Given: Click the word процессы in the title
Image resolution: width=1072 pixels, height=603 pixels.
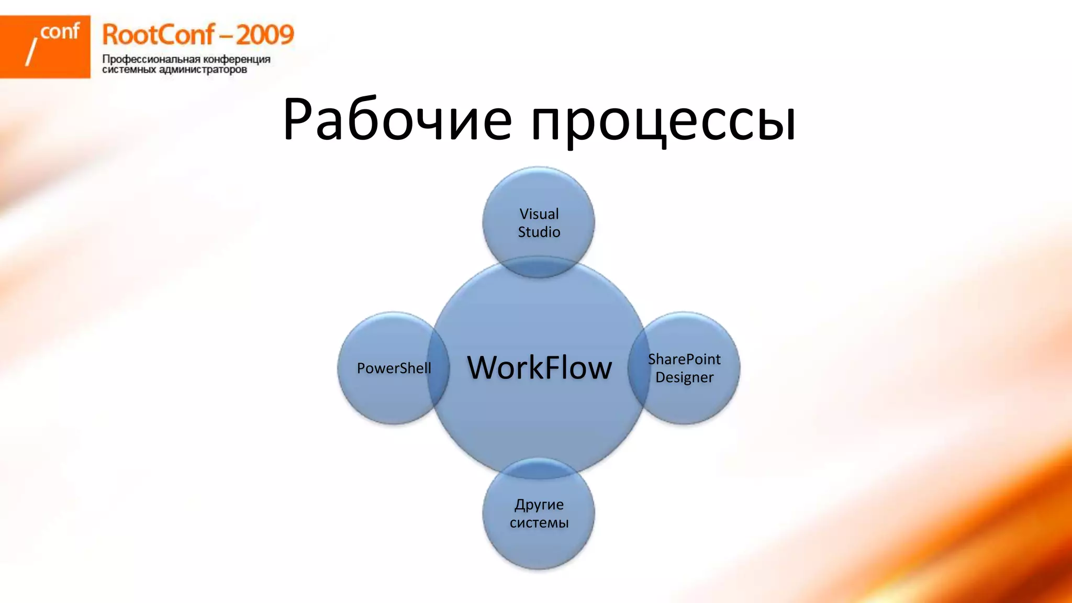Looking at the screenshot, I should tap(663, 121).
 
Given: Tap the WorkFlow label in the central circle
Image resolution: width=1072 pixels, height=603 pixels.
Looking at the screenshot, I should tap(539, 367).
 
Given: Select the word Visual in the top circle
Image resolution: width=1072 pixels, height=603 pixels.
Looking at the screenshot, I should tap(539, 214).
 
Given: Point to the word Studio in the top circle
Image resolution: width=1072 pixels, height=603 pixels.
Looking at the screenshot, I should tap(539, 232).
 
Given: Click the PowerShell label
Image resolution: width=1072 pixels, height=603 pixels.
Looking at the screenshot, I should tap(394, 368).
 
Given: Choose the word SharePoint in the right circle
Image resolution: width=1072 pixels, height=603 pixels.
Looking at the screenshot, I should tap(684, 359).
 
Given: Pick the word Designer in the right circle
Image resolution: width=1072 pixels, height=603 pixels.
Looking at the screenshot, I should tap(684, 377).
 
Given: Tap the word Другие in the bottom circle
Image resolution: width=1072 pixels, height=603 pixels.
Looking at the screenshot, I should tap(539, 505).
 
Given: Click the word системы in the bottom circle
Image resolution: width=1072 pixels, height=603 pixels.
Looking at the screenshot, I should tap(539, 522).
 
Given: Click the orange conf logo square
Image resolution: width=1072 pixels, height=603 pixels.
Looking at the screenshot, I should tap(45, 47).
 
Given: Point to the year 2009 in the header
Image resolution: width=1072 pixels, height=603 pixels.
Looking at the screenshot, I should tap(265, 35).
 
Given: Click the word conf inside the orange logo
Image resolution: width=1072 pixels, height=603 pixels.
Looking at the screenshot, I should tap(60, 32).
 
